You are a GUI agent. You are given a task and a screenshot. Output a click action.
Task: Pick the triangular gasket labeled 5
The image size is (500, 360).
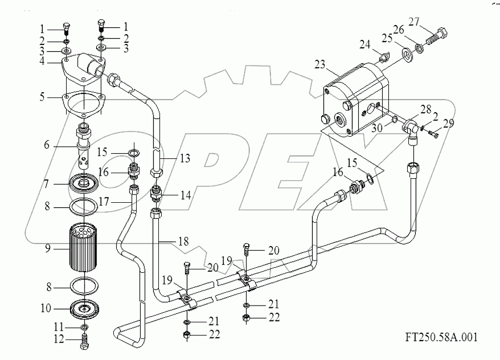(83, 105)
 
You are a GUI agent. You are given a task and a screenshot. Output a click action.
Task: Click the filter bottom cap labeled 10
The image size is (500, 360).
(84, 307)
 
